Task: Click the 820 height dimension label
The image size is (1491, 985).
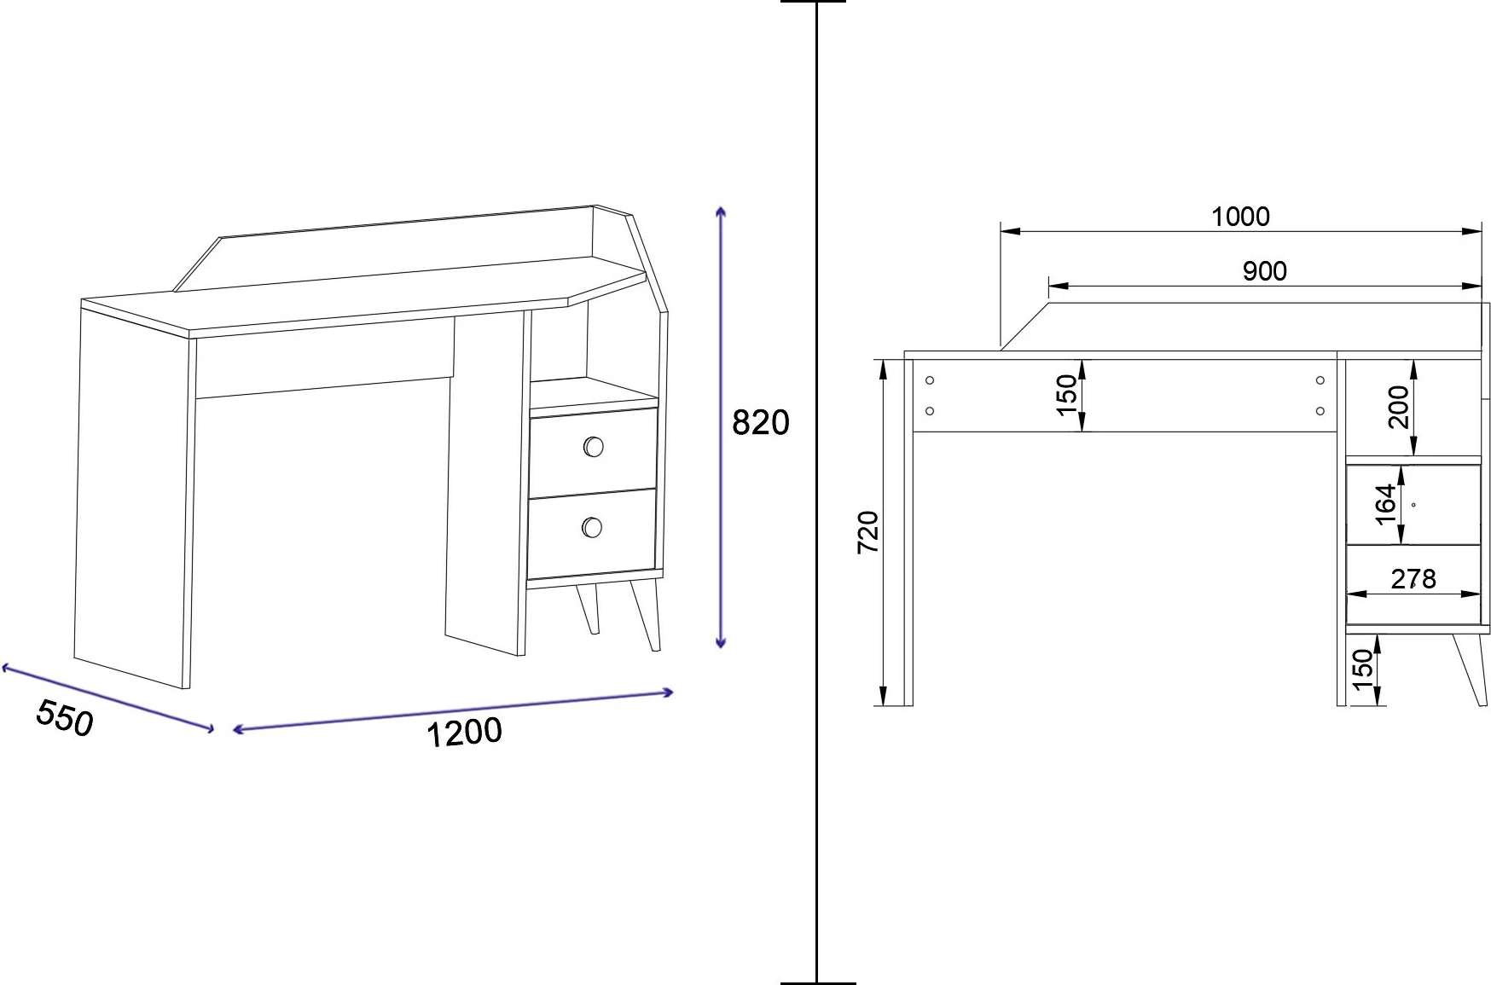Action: [761, 422]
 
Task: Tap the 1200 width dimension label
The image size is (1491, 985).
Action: [464, 733]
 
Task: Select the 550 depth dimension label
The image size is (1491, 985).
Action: [65, 717]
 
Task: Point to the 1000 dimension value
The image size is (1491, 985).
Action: [1240, 217]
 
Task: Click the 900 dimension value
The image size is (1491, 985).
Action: [1264, 271]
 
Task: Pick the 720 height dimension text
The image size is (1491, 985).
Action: [867, 532]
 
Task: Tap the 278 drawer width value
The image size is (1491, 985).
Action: [1413, 579]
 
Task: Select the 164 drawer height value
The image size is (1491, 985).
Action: [1385, 504]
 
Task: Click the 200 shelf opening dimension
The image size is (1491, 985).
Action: [1398, 407]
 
